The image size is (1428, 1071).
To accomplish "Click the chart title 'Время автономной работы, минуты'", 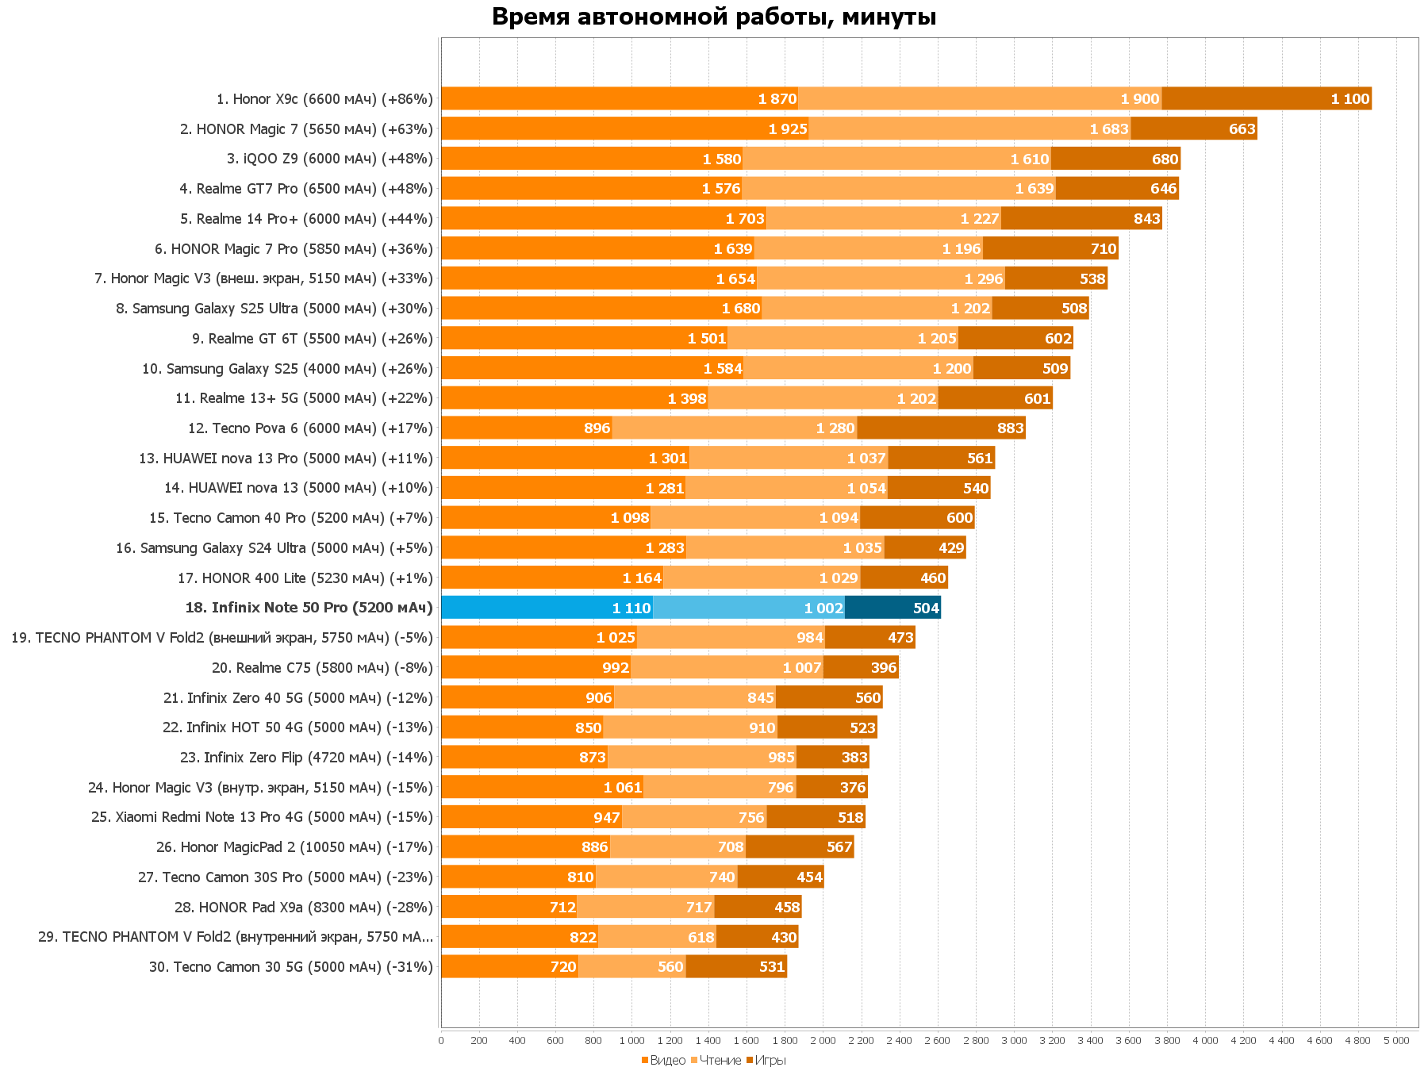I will pyautogui.click(x=714, y=17).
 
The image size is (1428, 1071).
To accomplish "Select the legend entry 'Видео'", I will pyautogui.click(x=667, y=1060).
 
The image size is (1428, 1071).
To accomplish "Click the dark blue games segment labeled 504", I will pyautogui.click(x=892, y=608).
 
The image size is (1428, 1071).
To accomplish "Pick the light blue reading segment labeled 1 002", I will pyautogui.click(x=748, y=608).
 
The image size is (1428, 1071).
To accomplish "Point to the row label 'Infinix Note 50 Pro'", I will pyautogui.click(x=309, y=608).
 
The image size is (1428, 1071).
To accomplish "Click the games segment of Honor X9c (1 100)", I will pyautogui.click(x=1266, y=99).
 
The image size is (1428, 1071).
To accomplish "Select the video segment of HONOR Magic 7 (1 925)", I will pyautogui.click(x=624, y=129).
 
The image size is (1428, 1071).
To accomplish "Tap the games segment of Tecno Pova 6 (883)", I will pyautogui.click(x=941, y=428).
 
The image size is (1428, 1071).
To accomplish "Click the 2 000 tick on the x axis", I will pyautogui.click(x=823, y=1041).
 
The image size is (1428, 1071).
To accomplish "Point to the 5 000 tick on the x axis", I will pyautogui.click(x=1396, y=1041).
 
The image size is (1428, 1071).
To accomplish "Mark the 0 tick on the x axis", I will pyautogui.click(x=441, y=1041).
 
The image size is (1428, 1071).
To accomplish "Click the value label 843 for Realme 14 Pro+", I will pyautogui.click(x=1146, y=219).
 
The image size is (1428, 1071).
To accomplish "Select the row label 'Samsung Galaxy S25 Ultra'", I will pyautogui.click(x=274, y=309).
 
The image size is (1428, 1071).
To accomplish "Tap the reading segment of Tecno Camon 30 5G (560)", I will pyautogui.click(x=631, y=967).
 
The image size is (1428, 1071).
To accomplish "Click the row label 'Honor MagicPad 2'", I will pyautogui.click(x=294, y=847).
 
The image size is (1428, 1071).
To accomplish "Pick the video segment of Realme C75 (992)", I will pyautogui.click(x=535, y=668).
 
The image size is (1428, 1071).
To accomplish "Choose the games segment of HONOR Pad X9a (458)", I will pyautogui.click(x=758, y=908).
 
